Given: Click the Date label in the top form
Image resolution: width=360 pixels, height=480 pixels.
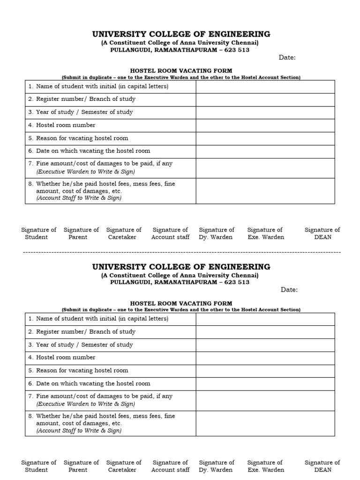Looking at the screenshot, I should coord(287,57).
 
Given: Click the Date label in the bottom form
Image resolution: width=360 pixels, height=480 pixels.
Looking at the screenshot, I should coord(289,290).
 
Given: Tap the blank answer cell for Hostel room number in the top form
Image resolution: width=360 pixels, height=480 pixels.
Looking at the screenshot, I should coord(265,125).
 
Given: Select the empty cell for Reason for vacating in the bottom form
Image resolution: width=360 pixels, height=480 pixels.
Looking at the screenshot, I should coord(265,371).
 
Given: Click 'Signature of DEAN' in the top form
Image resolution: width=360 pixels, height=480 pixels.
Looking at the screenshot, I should coord(322,233).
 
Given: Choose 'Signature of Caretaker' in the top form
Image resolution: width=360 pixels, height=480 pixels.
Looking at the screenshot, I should coord(124,233).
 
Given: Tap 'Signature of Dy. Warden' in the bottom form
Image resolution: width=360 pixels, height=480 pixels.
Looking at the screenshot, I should coord(216,466).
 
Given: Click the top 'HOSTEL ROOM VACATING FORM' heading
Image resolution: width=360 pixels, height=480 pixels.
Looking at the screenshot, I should coord(181,70).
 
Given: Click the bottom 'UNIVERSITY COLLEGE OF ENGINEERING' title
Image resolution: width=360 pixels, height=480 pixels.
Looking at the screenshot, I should coord(181,267).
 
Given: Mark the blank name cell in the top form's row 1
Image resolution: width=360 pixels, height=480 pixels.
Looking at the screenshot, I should coord(265,87).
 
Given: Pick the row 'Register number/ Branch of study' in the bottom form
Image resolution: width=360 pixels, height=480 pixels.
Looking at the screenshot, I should coord(85,332).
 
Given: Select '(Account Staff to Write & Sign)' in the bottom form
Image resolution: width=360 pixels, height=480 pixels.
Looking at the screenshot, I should coord(79,430).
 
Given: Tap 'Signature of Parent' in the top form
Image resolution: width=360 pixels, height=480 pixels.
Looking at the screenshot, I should coord(81,233).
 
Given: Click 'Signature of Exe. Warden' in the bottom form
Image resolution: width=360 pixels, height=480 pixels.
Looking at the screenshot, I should coord(265,466).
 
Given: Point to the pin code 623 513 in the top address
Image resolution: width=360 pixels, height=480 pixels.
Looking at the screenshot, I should coord(237,50).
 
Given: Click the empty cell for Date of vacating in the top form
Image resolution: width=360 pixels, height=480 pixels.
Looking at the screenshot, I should coord(265,151).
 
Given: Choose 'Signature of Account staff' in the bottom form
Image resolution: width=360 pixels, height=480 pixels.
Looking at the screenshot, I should coord(170,466).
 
